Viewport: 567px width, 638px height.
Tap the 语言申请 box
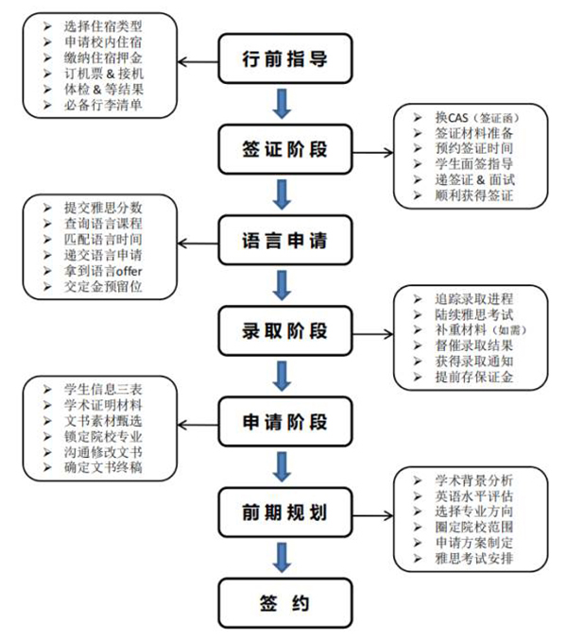click(279, 241)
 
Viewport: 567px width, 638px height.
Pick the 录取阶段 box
click(279, 331)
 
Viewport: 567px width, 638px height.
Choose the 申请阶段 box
click(279, 421)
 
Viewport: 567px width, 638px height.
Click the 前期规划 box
click(279, 512)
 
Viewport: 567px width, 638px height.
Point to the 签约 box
click(279, 601)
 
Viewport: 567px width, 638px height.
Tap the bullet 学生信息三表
click(98, 389)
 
